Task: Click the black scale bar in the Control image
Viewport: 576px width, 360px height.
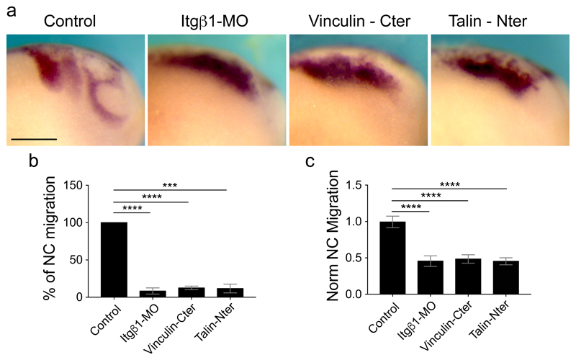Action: click(34, 137)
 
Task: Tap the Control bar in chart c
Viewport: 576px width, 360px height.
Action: click(392, 258)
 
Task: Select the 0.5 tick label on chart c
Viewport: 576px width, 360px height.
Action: click(364, 258)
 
